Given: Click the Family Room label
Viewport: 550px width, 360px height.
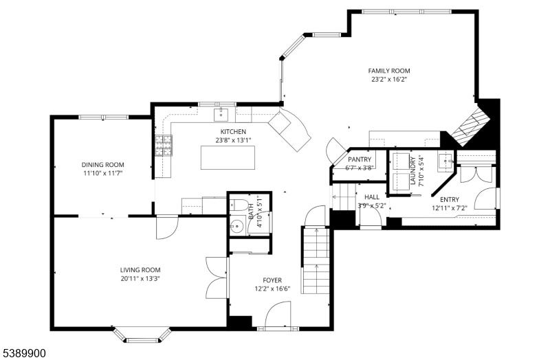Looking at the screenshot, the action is (x=389, y=71).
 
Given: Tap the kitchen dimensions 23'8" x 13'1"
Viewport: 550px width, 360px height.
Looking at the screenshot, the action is (x=233, y=140).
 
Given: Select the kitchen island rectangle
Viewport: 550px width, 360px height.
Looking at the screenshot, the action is (x=228, y=158).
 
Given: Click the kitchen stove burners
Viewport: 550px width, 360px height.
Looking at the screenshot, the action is (x=164, y=146).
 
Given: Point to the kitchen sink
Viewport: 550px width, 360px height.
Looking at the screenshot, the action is (x=221, y=114).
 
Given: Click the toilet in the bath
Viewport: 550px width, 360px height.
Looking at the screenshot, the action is (x=238, y=204).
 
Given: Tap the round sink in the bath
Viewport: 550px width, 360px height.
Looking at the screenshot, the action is (x=238, y=226).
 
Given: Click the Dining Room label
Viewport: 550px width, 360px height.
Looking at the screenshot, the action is (x=102, y=165).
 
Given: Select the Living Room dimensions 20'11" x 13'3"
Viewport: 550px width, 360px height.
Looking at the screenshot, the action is (x=140, y=279).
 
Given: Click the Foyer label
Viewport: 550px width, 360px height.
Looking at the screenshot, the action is (x=272, y=280).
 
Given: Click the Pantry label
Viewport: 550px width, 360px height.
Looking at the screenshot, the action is (x=360, y=159).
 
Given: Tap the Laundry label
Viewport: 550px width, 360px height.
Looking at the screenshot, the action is (x=412, y=170).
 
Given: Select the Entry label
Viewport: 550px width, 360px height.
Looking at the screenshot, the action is (x=450, y=199).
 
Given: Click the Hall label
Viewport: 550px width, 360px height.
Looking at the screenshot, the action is (x=372, y=197).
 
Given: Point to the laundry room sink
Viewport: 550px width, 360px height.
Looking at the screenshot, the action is (x=445, y=161).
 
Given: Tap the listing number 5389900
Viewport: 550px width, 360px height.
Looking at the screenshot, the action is (x=24, y=353).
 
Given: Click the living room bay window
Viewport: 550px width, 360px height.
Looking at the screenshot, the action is (x=142, y=335).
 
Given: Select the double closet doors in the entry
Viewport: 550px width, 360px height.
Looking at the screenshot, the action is (x=474, y=175).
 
